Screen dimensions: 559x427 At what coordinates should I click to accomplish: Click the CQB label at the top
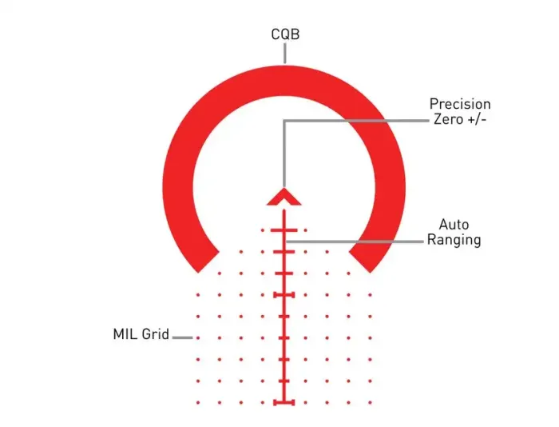[x=285, y=34]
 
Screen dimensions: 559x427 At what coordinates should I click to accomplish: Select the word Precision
[x=460, y=104]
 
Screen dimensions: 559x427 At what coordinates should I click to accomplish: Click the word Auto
[x=454, y=225]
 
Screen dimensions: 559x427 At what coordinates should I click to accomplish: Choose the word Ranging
[x=454, y=240]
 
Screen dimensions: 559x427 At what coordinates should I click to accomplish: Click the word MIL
[x=125, y=334]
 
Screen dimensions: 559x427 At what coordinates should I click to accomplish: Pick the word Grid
[x=155, y=334]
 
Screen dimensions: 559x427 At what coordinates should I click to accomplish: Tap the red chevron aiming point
[x=284, y=198]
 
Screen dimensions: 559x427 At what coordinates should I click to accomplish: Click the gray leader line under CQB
[x=285, y=54]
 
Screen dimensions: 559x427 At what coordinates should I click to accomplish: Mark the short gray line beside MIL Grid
[x=183, y=337]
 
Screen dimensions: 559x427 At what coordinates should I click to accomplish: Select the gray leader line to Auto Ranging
[x=355, y=241]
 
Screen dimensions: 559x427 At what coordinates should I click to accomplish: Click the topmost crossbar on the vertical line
[x=284, y=230]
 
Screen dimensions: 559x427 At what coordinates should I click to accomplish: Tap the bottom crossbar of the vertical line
[x=284, y=403]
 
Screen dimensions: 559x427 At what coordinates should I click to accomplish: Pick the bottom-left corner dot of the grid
[x=198, y=403]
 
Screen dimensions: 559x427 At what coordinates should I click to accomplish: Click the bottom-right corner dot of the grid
[x=370, y=403]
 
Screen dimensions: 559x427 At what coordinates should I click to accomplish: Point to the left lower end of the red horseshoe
[x=208, y=262]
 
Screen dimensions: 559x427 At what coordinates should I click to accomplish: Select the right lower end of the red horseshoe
[x=359, y=262]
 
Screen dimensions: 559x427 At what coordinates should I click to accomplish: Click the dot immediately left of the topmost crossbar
[x=263, y=230]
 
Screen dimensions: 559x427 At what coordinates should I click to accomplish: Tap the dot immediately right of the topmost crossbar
[x=306, y=230]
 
